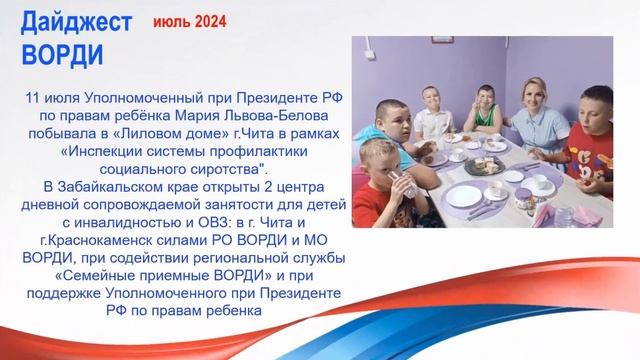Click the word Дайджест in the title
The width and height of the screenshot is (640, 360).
[76, 23]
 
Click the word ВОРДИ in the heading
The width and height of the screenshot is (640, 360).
[62, 52]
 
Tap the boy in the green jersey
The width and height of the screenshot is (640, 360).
[484, 110]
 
